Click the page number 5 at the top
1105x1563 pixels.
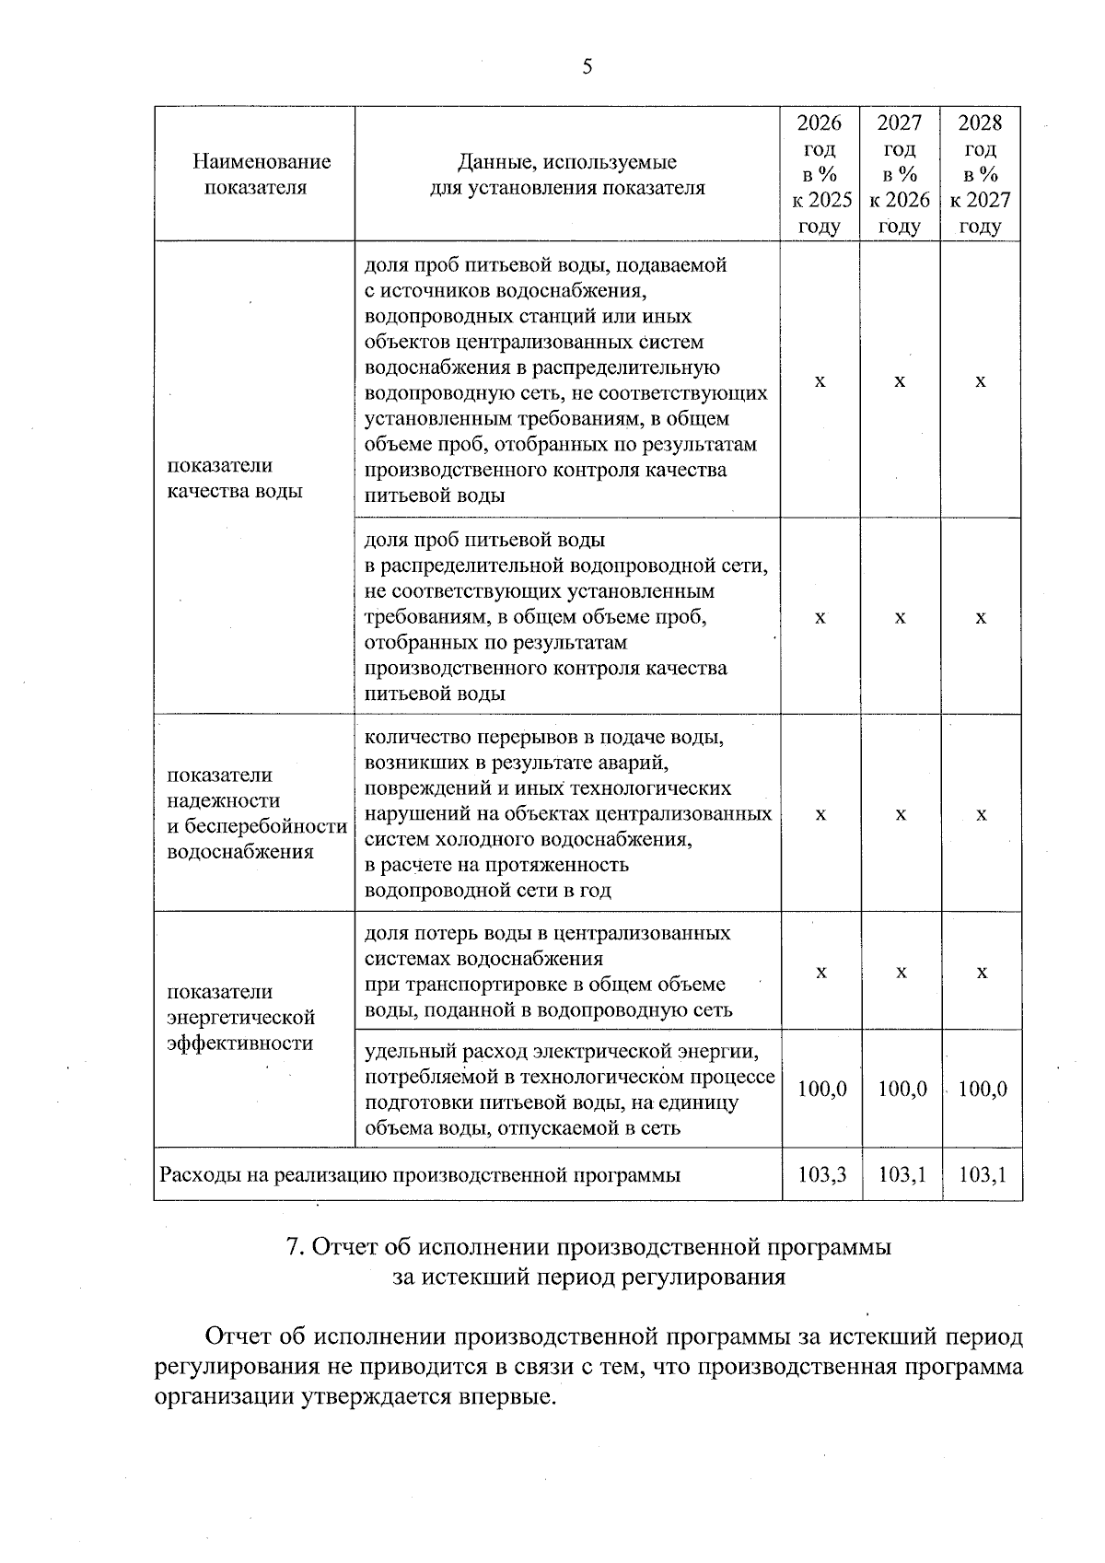[x=587, y=66]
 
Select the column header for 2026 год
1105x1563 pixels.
[x=820, y=174]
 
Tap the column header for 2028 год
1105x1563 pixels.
[x=981, y=174]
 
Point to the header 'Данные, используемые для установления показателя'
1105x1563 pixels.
[x=567, y=175]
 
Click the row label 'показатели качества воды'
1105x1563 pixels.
[x=235, y=478]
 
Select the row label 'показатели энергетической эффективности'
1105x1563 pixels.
[x=241, y=1017]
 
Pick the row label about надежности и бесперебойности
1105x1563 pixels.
[x=257, y=813]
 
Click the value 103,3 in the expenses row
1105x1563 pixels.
[x=821, y=1174]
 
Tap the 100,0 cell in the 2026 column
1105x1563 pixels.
[x=821, y=1089]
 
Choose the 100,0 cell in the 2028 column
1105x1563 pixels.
[x=983, y=1089]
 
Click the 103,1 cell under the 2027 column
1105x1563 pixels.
[x=902, y=1174]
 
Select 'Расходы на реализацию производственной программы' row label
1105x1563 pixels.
[x=421, y=1174]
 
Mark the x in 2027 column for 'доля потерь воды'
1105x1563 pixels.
[x=902, y=973]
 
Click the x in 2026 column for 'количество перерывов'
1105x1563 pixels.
[x=821, y=814]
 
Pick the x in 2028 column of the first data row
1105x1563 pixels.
[x=981, y=380]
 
